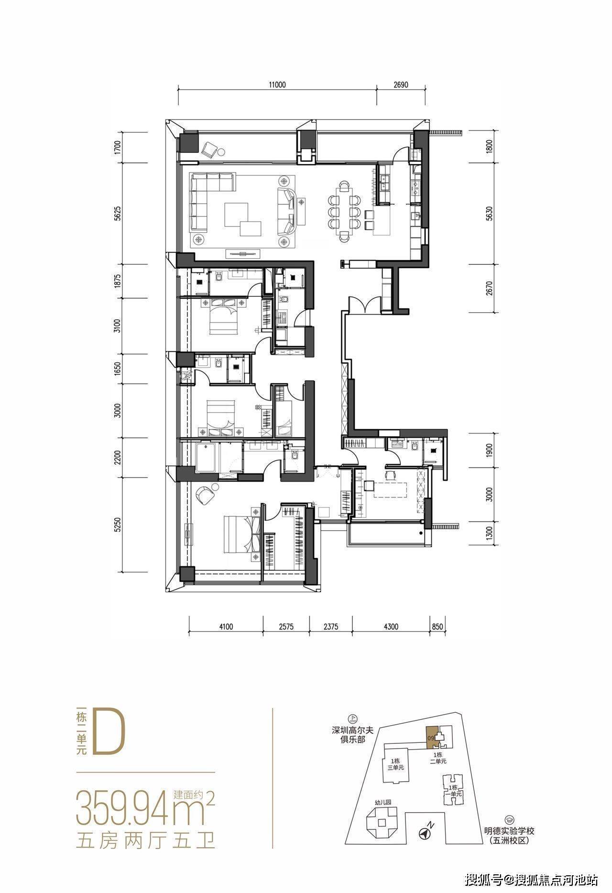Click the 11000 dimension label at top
[277, 85]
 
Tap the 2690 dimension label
[401, 85]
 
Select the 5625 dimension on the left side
[118, 214]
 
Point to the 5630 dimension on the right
[489, 214]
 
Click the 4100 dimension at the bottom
[226, 626]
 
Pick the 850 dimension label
[437, 626]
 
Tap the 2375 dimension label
[330, 626]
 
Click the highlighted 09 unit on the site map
[431, 738]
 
